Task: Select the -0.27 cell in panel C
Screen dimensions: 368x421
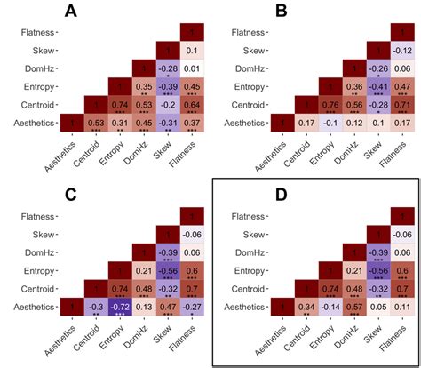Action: coord(189,304)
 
